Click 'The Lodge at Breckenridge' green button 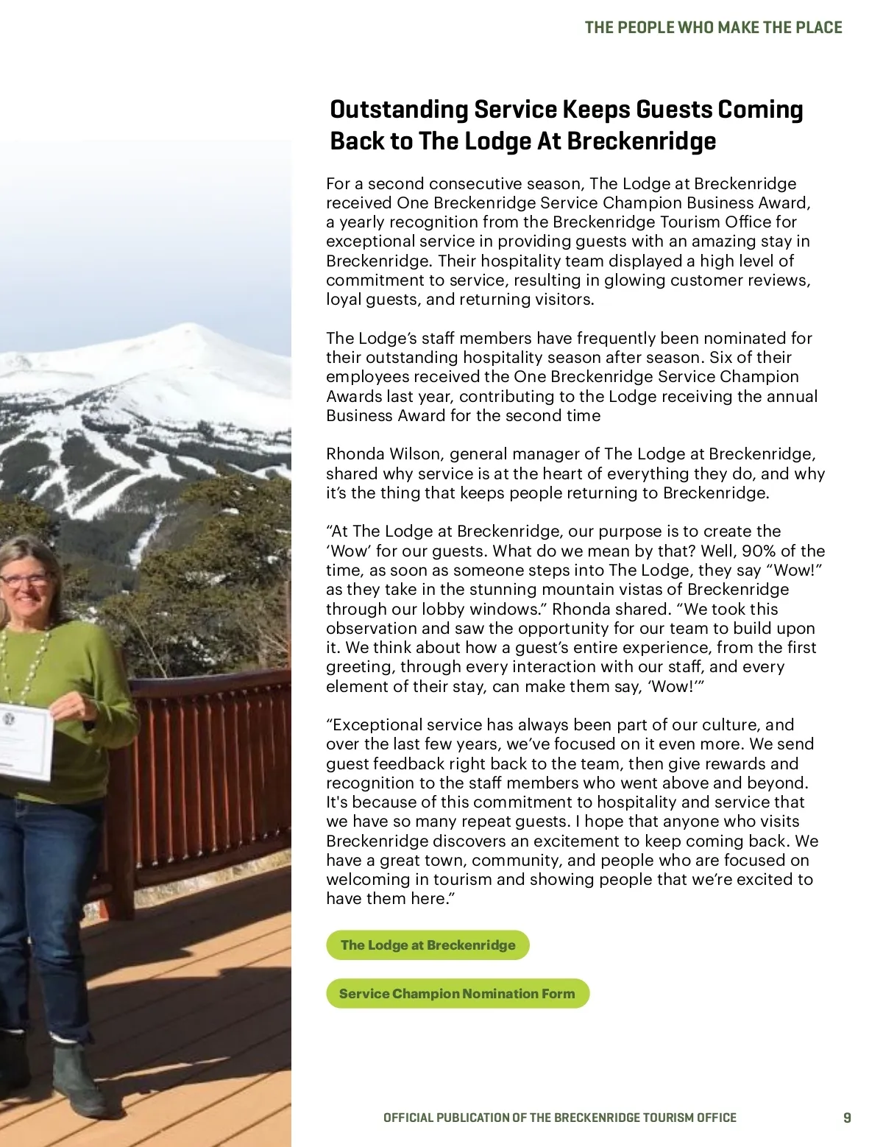point(428,945)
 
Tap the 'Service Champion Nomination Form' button point(457,994)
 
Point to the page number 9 point(847,1118)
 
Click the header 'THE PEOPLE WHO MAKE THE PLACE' point(713,28)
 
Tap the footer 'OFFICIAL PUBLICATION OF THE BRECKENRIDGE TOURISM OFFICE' point(559,1118)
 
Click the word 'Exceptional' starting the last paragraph point(378,725)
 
